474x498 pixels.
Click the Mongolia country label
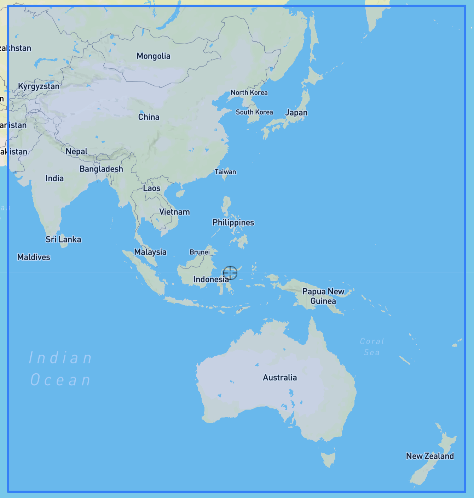click(154, 56)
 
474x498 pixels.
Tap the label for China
click(149, 117)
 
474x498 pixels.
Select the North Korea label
click(249, 92)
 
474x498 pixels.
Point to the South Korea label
click(254, 112)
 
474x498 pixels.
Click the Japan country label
click(296, 113)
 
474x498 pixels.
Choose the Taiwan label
click(225, 172)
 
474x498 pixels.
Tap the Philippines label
click(233, 222)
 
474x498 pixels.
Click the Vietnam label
click(174, 212)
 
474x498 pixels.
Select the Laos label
click(152, 188)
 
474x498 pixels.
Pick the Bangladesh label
click(101, 169)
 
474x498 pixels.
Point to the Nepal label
click(76, 152)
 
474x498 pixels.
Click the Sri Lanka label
click(63, 239)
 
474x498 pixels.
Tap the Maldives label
click(34, 257)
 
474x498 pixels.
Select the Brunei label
click(200, 252)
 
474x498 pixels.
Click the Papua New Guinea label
click(323, 296)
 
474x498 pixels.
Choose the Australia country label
click(280, 378)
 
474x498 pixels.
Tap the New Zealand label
click(430, 456)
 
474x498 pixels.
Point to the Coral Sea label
click(372, 347)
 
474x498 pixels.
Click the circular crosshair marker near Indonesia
click(230, 273)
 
